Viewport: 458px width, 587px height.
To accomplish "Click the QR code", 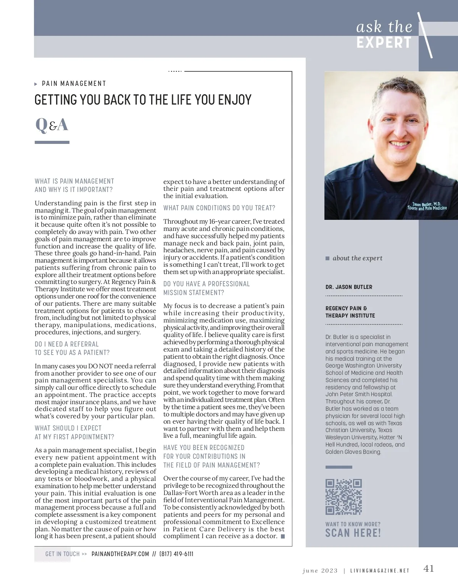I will tap(343, 497).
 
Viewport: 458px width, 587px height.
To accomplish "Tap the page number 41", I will tap(429, 569).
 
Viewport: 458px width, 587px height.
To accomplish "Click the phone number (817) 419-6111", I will tap(176, 554).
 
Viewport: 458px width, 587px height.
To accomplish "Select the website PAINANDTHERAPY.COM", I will tap(120, 554).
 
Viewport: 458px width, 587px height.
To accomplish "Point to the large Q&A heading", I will tap(52, 124).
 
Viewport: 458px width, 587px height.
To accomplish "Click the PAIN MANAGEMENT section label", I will tap(74, 84).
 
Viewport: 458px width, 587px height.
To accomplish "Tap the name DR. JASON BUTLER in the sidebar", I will tap(349, 287).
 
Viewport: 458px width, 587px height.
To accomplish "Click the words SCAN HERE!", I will tap(353, 533).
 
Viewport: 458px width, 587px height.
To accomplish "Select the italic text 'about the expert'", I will tap(357, 258).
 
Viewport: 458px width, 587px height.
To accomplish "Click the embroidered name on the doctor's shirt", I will tap(427, 206).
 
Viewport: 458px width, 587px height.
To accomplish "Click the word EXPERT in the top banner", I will tap(384, 43).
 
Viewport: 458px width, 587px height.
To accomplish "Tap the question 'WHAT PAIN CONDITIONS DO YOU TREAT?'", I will tap(219, 208).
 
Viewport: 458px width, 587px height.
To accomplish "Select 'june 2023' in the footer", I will tap(320, 571).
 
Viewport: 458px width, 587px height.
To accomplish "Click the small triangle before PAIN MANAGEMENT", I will tap(36, 84).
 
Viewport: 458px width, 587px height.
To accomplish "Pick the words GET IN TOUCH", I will tap(62, 554).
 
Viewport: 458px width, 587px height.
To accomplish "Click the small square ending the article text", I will tap(283, 537).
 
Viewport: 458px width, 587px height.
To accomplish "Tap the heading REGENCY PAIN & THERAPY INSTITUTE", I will tap(350, 312).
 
